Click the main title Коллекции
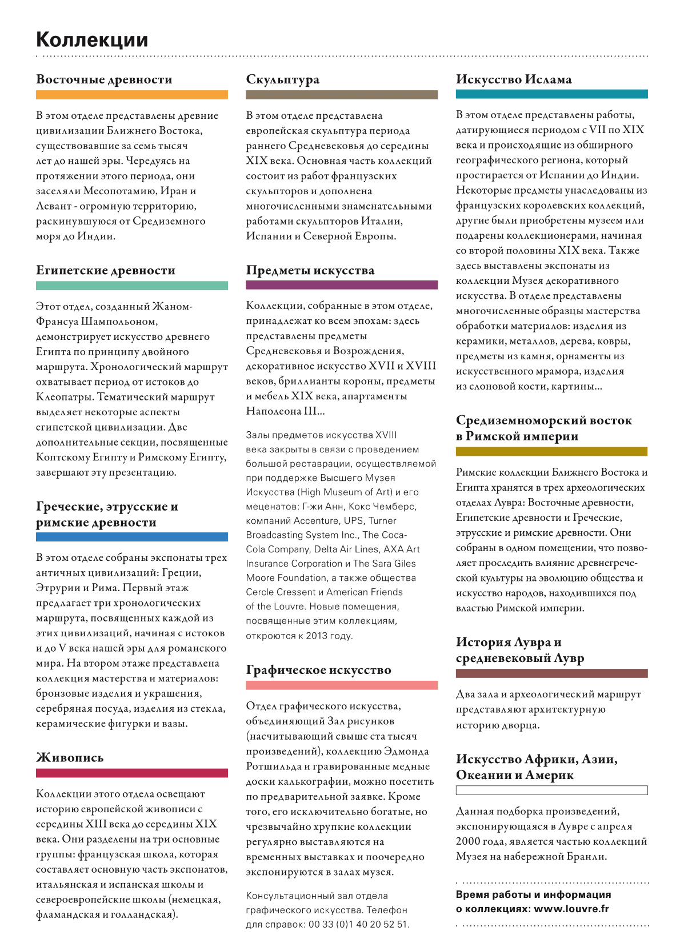pyautogui.click(x=92, y=40)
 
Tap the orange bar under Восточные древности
pyautogui.click(x=131, y=95)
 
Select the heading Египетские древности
pyautogui.click(x=106, y=270)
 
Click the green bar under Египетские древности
pyautogui.click(x=131, y=286)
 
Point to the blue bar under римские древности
pyautogui.click(x=131, y=537)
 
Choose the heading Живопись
pyautogui.click(x=70, y=757)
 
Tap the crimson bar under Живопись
pyautogui.click(x=131, y=773)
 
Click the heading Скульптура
pyautogui.click(x=282, y=79)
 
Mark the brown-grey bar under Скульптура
pyautogui.click(x=342, y=95)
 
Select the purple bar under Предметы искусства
pyautogui.click(x=342, y=285)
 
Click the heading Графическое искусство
pyautogui.click(x=318, y=670)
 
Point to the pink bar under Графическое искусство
pyautogui.click(x=342, y=685)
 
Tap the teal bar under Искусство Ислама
pyautogui.click(x=551, y=94)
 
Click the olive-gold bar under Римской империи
pyautogui.click(x=551, y=452)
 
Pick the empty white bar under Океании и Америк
pyautogui.click(x=551, y=791)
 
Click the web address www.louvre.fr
pyautogui.click(x=571, y=909)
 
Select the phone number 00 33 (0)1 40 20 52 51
pyautogui.click(x=359, y=924)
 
